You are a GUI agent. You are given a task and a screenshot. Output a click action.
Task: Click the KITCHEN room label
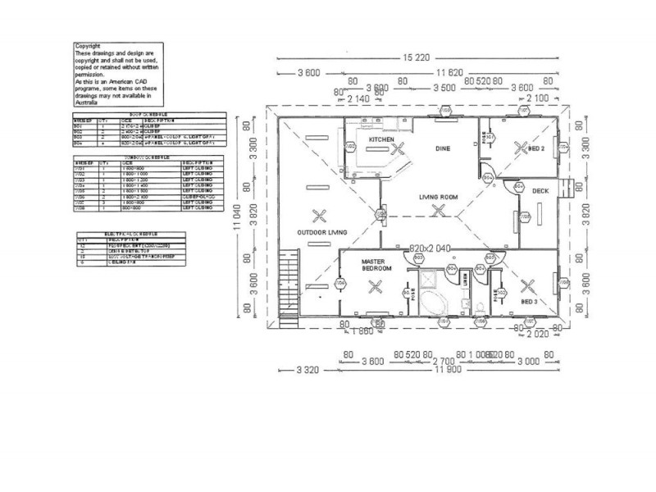pos(381,140)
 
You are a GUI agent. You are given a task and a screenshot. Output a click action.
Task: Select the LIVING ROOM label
pos(438,197)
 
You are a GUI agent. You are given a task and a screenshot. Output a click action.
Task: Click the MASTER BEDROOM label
pos(377,264)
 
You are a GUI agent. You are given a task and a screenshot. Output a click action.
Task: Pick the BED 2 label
pos(537,148)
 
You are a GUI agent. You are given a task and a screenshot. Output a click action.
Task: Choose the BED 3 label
pos(530,302)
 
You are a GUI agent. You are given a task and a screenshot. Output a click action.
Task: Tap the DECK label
pos(540,191)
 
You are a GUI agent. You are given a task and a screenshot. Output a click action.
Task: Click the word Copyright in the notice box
pos(88,46)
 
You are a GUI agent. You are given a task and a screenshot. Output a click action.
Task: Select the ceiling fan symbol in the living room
pos(440,211)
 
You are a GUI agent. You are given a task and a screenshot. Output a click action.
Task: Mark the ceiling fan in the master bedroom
pos(376,286)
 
